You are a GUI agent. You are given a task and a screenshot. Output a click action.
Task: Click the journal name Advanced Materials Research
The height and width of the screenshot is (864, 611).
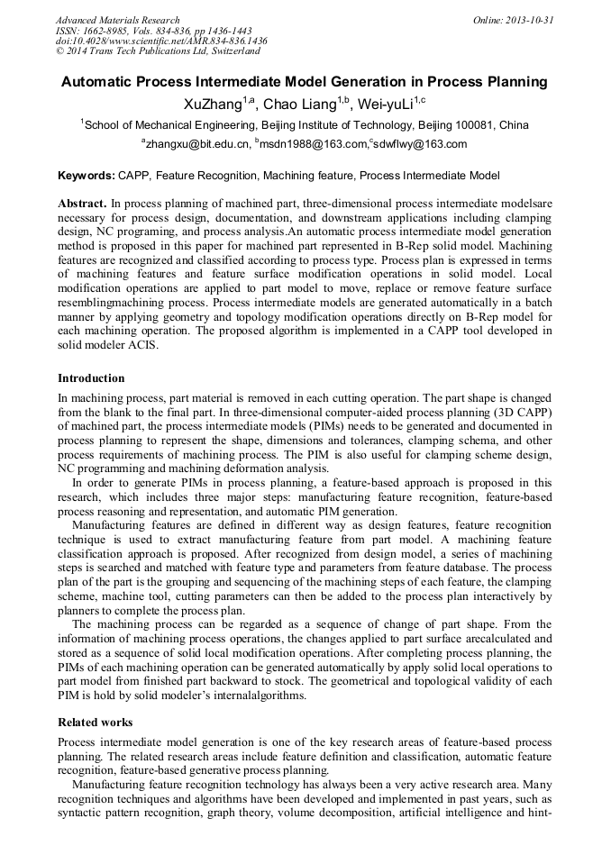pos(117,20)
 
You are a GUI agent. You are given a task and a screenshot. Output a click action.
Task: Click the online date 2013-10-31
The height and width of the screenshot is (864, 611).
pos(530,20)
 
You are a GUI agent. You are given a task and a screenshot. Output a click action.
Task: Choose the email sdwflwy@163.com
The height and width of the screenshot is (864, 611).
pos(421,144)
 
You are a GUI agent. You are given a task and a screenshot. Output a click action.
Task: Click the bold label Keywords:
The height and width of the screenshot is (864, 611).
pos(87,175)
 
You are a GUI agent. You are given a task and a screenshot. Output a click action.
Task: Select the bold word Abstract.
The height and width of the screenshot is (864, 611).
pos(83,205)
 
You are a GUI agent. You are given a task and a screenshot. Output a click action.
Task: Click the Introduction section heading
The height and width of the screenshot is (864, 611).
pos(91,378)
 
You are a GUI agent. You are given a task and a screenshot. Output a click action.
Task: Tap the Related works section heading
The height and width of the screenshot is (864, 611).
pos(95,723)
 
